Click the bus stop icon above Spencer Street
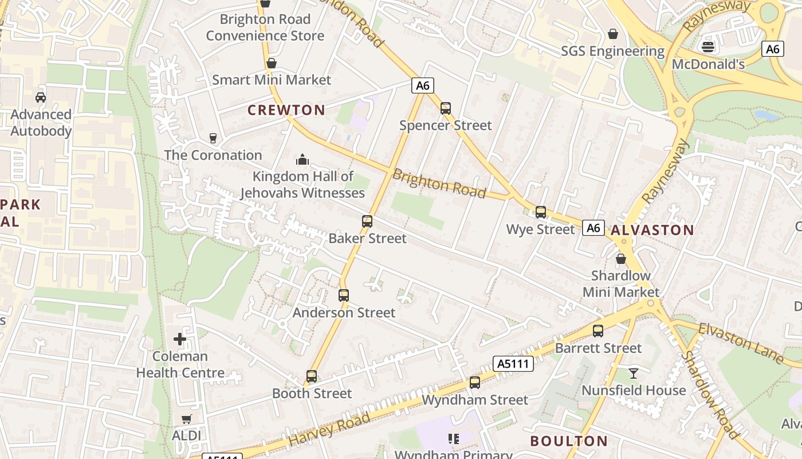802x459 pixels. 445,108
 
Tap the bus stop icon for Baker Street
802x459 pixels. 367,221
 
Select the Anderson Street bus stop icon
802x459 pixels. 344,295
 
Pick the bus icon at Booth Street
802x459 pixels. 312,376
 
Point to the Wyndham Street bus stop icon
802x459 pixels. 475,383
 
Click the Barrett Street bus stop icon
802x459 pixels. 598,331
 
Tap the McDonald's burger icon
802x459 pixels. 708,46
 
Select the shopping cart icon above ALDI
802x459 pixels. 186,419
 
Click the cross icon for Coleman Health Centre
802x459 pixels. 180,339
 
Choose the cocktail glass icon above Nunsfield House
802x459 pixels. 633,374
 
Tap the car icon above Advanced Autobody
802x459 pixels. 41,97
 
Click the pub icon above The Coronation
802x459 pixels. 213,138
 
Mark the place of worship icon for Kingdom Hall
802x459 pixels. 302,159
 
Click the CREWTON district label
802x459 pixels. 286,110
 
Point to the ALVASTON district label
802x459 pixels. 652,231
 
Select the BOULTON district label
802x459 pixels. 569,441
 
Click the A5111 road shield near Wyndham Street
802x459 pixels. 513,363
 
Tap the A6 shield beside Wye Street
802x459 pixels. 593,228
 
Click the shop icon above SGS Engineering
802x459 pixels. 613,34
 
